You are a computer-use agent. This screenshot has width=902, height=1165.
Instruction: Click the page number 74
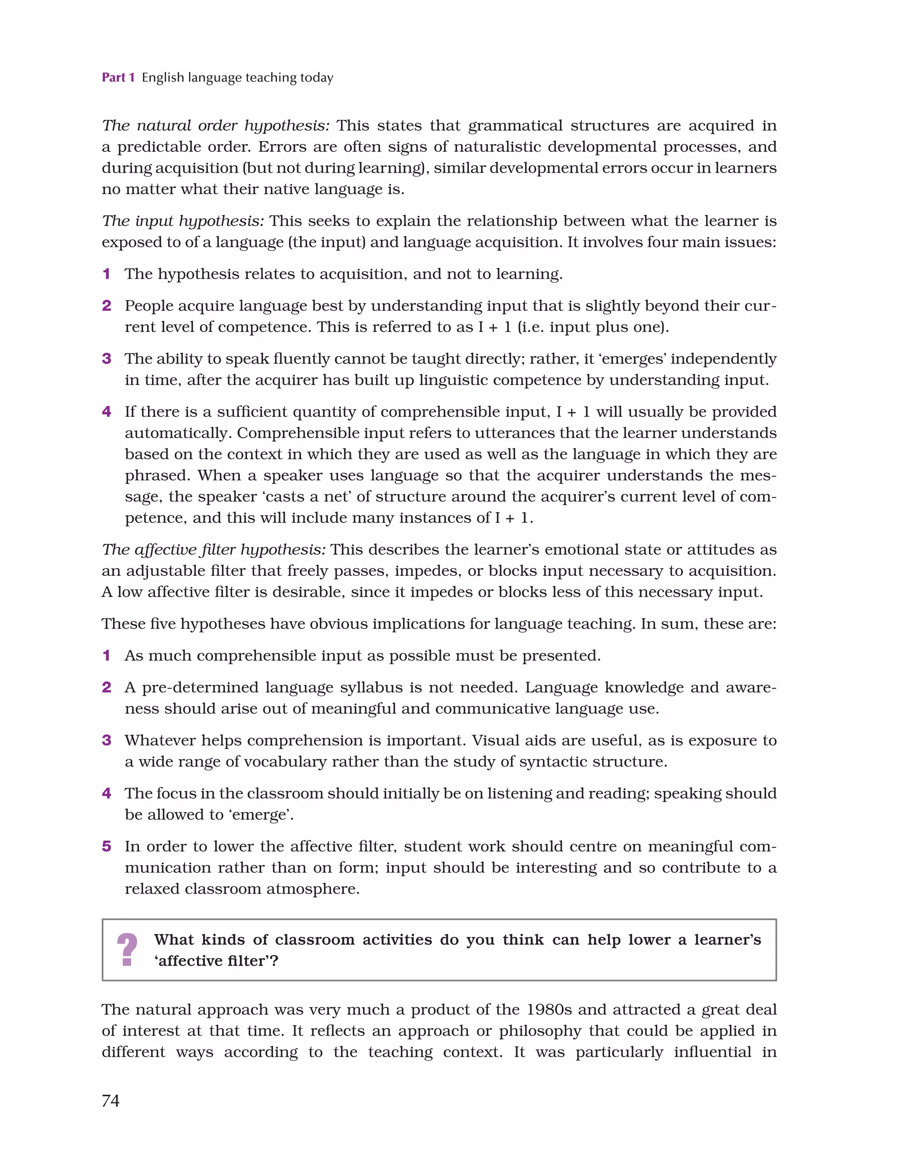coord(111,1100)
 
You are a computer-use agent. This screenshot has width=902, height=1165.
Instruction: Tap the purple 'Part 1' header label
coord(118,77)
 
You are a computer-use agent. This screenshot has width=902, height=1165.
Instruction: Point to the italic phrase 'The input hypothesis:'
coord(182,221)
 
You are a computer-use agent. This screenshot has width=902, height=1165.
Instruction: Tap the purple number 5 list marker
coord(107,846)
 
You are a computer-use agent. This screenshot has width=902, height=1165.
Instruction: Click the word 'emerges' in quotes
coord(633,358)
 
